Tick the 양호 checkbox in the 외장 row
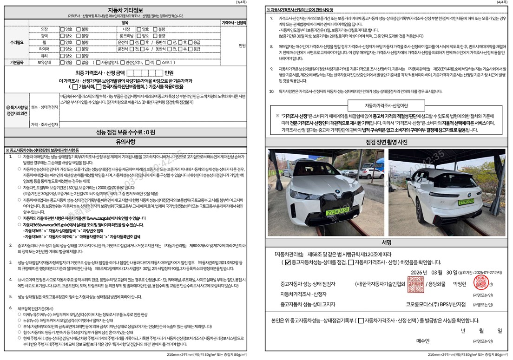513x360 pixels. [x=62, y=29]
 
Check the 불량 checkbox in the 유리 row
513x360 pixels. [x=79, y=55]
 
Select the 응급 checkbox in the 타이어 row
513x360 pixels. [x=190, y=49]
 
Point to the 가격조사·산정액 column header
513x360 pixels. [x=234, y=22]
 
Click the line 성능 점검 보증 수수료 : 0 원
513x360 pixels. [x=125, y=132]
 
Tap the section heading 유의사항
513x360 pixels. [x=125, y=141]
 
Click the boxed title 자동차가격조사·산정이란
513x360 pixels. [x=387, y=105]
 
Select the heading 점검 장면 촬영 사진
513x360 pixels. [x=387, y=142]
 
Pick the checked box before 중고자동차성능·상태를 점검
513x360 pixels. [x=288, y=262]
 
